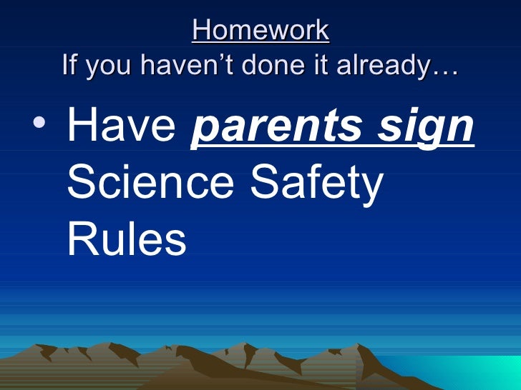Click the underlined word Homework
click(260, 31)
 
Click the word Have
click(121, 126)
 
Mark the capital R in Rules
click(81, 239)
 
